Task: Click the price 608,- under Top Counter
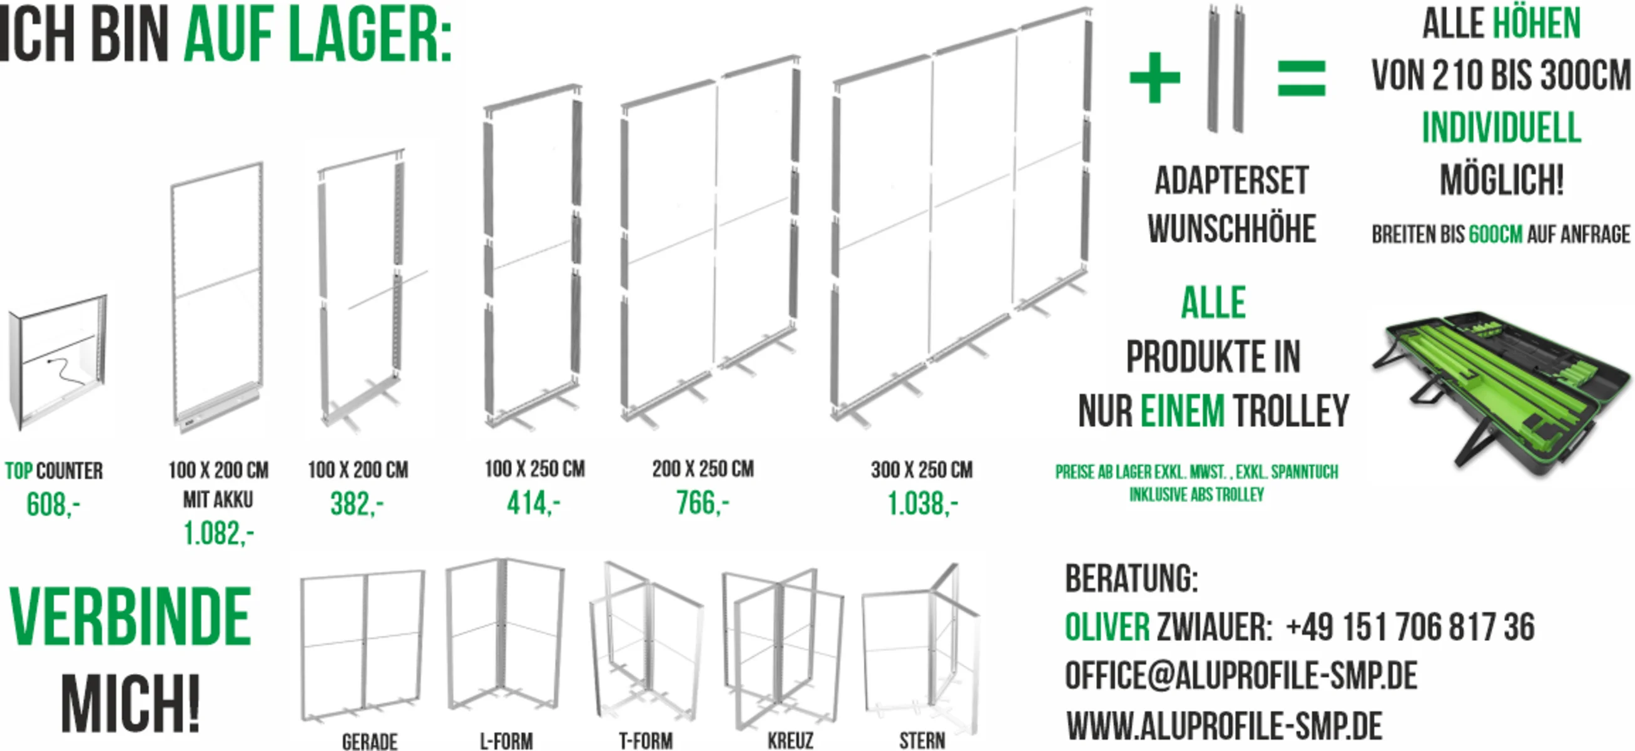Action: click(53, 504)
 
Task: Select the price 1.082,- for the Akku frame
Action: click(218, 533)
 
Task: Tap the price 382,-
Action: click(357, 504)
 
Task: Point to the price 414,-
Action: click(533, 503)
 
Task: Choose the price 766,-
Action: click(703, 503)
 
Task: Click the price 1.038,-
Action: click(922, 504)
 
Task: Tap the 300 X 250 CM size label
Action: click(922, 470)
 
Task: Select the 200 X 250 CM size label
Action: click(703, 469)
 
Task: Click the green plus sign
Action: click(1154, 78)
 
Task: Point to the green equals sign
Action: click(1301, 78)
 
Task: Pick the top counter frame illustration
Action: click(57, 362)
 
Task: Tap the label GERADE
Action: click(369, 742)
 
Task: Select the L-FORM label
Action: click(506, 741)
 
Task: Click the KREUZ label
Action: click(790, 741)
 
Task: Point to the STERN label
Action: click(922, 741)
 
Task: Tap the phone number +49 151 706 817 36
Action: click(1410, 626)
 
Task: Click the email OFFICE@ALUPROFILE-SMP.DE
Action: click(1241, 675)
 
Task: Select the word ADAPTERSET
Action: click(1231, 180)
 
